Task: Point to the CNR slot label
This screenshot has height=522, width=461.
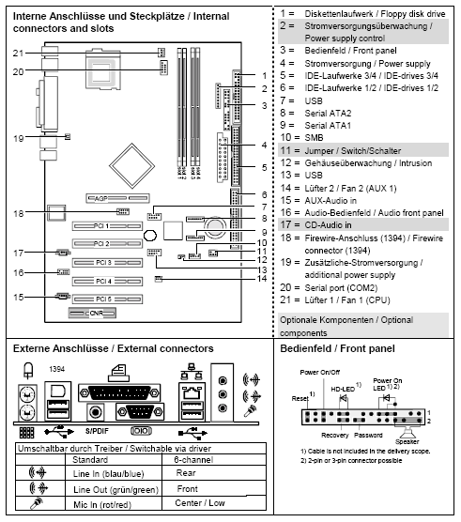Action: pyautogui.click(x=97, y=311)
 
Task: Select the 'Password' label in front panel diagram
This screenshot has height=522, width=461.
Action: pyautogui.click(x=368, y=436)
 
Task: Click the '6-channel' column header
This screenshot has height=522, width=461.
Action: pyautogui.click(x=192, y=461)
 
